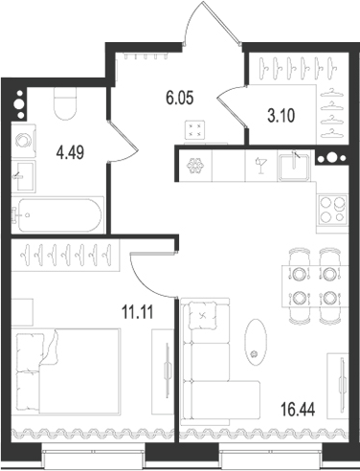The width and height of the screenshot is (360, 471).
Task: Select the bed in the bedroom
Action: (67, 373)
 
